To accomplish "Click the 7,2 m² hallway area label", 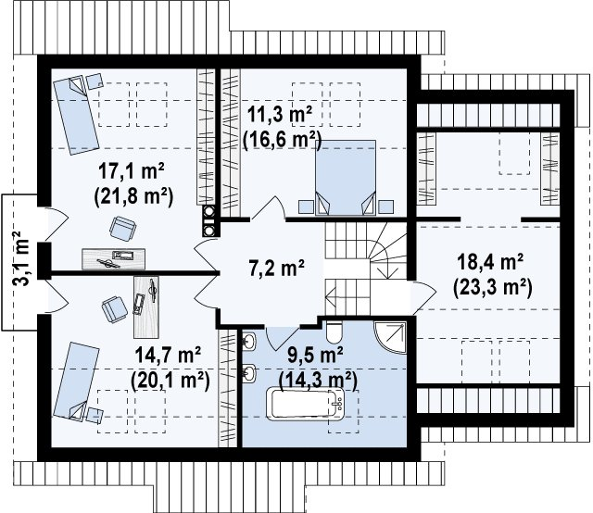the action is click(x=276, y=268).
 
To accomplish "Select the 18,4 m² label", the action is click(x=490, y=262).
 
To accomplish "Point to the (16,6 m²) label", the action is click(x=282, y=140).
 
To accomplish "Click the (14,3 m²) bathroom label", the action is click(x=318, y=381).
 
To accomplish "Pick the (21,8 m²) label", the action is click(x=133, y=195).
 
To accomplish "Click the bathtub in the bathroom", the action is click(x=306, y=404).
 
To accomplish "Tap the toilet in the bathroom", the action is click(x=334, y=332).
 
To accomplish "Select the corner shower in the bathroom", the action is click(x=389, y=337).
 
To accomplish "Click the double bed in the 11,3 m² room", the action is click(x=346, y=178).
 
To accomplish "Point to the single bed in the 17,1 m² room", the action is click(x=76, y=114).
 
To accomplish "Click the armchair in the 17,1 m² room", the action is click(x=123, y=229).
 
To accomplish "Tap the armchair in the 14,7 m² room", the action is click(x=113, y=309).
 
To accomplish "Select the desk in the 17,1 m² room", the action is click(x=113, y=259).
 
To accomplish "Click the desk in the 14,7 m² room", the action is click(x=146, y=307).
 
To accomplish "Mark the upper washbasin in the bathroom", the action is click(x=249, y=341).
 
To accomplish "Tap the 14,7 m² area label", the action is click(x=168, y=356).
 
